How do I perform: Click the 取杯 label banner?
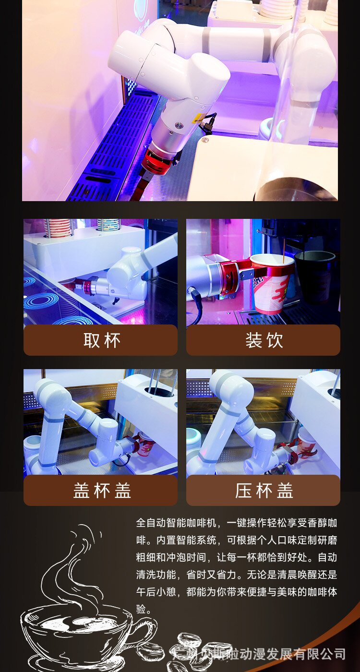click(100, 340)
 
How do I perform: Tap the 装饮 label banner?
click(263, 340)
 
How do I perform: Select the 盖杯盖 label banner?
click(100, 490)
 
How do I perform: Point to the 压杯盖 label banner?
click(263, 490)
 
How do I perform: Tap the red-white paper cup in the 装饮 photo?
click(271, 283)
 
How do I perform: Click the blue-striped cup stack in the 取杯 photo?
click(108, 224)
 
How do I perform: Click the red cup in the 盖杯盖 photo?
click(144, 444)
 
